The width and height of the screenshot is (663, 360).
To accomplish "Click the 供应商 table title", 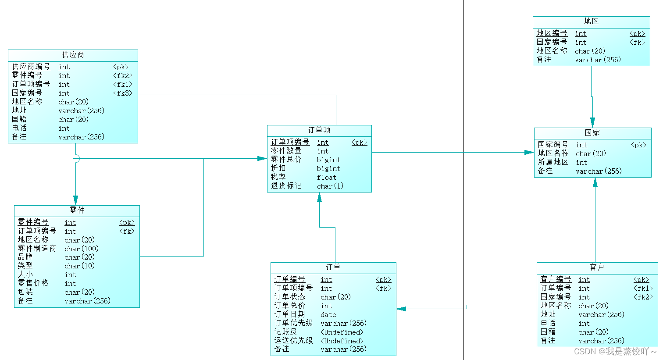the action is click(73, 55).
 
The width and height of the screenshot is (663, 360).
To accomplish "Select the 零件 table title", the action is click(77, 210).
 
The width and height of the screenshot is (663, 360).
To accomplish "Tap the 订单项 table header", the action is click(319, 130).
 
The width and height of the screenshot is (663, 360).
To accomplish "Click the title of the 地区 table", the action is click(591, 21).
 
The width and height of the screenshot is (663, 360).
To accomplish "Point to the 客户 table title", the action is click(597, 267).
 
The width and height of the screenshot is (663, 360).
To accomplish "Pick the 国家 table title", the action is click(592, 133).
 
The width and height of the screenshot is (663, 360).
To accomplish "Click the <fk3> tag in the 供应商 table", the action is click(123, 93).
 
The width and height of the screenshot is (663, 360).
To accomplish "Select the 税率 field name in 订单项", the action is click(278, 177).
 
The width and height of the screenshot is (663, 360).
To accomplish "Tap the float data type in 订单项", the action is click(327, 178).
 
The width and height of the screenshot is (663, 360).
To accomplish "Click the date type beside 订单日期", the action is click(328, 315).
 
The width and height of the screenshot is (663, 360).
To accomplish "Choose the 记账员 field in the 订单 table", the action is click(285, 332).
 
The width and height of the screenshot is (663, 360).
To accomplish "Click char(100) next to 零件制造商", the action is click(82, 249).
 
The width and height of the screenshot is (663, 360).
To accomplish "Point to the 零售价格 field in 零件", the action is click(33, 283).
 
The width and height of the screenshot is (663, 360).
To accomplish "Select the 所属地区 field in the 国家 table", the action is click(553, 162).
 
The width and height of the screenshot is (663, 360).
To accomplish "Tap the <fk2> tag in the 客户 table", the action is click(643, 297).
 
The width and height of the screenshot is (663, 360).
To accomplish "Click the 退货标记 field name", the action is click(286, 186).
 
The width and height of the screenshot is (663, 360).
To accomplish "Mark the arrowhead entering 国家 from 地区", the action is click(592, 122).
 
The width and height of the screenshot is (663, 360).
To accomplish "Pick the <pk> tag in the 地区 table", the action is click(637, 34).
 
